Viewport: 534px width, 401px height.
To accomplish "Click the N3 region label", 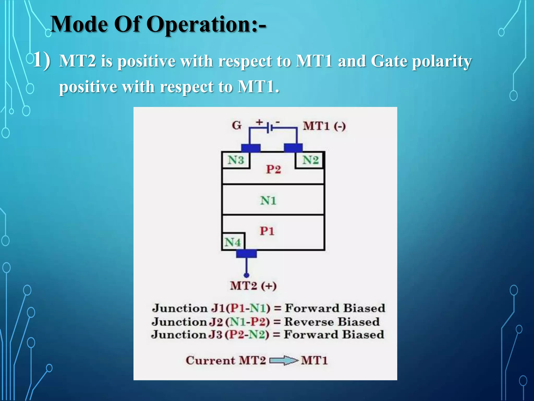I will [236, 160].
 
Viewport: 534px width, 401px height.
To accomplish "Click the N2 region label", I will [310, 160].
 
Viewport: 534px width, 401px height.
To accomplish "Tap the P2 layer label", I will [273, 169].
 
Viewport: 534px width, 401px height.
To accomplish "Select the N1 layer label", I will [268, 200].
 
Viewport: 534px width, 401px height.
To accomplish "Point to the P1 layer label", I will [267, 231].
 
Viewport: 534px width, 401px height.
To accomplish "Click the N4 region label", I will [233, 242].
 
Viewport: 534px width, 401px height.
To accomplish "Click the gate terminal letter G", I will [237, 126].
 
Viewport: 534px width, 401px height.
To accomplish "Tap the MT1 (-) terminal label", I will [324, 126].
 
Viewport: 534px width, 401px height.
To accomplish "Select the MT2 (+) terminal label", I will [253, 286].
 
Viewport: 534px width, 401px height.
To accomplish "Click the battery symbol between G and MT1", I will [269, 128].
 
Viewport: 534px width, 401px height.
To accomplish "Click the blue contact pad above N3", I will [251, 148].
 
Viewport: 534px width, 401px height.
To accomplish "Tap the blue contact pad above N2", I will [293, 148].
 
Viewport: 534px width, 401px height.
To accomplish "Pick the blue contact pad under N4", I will [246, 253].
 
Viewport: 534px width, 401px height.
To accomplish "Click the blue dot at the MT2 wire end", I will [246, 275].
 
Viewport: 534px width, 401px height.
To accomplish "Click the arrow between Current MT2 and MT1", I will [283, 361].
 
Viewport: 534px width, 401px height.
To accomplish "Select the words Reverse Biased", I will [332, 322].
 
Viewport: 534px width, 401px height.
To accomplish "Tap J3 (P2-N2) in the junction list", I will [239, 335].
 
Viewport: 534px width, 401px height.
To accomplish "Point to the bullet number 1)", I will [41, 60].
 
